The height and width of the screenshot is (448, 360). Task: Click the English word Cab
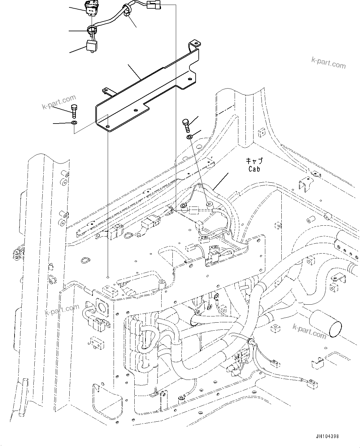pyautogui.click(x=254, y=169)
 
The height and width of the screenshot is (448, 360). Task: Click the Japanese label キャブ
pyautogui.click(x=254, y=161)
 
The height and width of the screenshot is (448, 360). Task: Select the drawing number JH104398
pyautogui.click(x=327, y=436)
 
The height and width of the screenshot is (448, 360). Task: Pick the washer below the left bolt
pyautogui.click(x=74, y=124)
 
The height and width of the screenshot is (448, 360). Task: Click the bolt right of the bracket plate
pyautogui.click(x=186, y=124)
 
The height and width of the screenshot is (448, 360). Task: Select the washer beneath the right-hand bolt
pyautogui.click(x=189, y=137)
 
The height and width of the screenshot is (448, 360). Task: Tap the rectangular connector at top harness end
pyautogui.click(x=154, y=5)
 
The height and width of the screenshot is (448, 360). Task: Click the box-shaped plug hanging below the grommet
pyautogui.click(x=92, y=46)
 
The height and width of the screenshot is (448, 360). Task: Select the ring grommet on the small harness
pyautogui.click(x=92, y=30)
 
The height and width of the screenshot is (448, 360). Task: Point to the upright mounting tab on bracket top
pyautogui.click(x=194, y=44)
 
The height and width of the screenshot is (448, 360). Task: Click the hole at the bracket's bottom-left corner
pyautogui.click(x=107, y=126)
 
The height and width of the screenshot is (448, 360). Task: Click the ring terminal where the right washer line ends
pyautogui.click(x=209, y=204)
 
